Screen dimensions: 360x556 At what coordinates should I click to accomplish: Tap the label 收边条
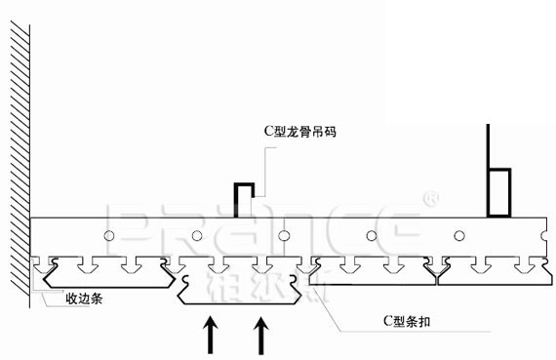coord(84,300)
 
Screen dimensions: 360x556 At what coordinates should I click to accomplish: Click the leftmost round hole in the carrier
coord(111,235)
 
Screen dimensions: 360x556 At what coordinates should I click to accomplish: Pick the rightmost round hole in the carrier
coord(458,235)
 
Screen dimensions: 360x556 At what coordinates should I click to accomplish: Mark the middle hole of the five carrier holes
coord(284,235)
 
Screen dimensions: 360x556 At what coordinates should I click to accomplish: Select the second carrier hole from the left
coord(197,235)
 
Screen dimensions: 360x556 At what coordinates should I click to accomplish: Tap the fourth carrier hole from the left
coord(372,235)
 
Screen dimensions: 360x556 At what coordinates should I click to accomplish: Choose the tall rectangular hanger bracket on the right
coord(498,191)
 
